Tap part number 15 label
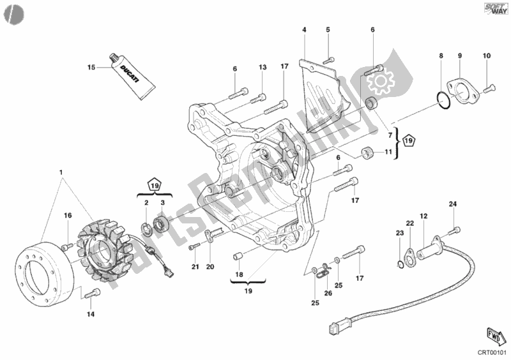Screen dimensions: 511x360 click(x=91, y=68)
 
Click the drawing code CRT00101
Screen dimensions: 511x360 click(x=492, y=353)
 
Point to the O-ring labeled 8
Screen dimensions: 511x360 click(x=443, y=100)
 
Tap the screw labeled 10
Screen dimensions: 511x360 click(x=489, y=88)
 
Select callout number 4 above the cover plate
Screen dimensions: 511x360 click(x=304, y=29)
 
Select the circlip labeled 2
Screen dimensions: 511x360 click(x=147, y=229)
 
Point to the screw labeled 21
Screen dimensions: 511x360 click(x=195, y=246)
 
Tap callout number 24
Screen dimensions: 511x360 click(x=453, y=204)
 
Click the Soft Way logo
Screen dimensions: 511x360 click(x=496, y=9)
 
